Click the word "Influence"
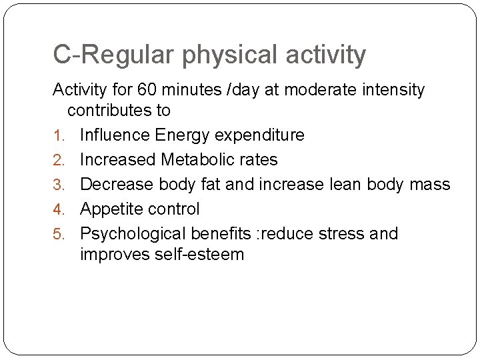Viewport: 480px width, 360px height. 115,135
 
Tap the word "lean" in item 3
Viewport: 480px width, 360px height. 341,185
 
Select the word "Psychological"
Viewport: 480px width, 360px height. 133,234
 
